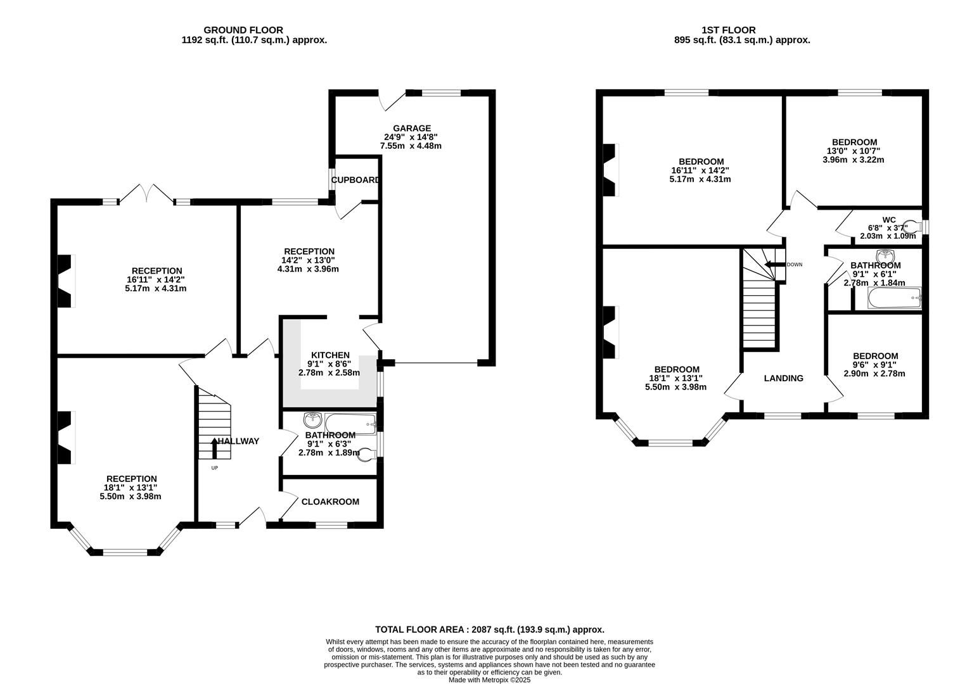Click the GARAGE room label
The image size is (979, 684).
[412, 129]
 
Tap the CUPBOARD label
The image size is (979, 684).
[355, 180]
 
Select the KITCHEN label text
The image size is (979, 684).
[330, 355]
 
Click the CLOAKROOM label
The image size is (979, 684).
[330, 502]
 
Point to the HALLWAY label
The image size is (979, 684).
[239, 441]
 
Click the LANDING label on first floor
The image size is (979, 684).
[784, 378]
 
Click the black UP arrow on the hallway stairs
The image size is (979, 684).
[215, 448]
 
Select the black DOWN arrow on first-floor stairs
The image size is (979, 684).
[774, 265]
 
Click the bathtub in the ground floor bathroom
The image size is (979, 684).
[350, 424]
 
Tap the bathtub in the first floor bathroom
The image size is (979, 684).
[895, 298]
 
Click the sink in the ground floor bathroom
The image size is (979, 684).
[312, 420]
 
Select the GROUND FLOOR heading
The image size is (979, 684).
[243, 30]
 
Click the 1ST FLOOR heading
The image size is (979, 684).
[729, 30]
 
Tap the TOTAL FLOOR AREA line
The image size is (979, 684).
[489, 630]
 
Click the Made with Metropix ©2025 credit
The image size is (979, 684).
[489, 680]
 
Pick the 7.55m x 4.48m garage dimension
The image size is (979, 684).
[411, 146]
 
